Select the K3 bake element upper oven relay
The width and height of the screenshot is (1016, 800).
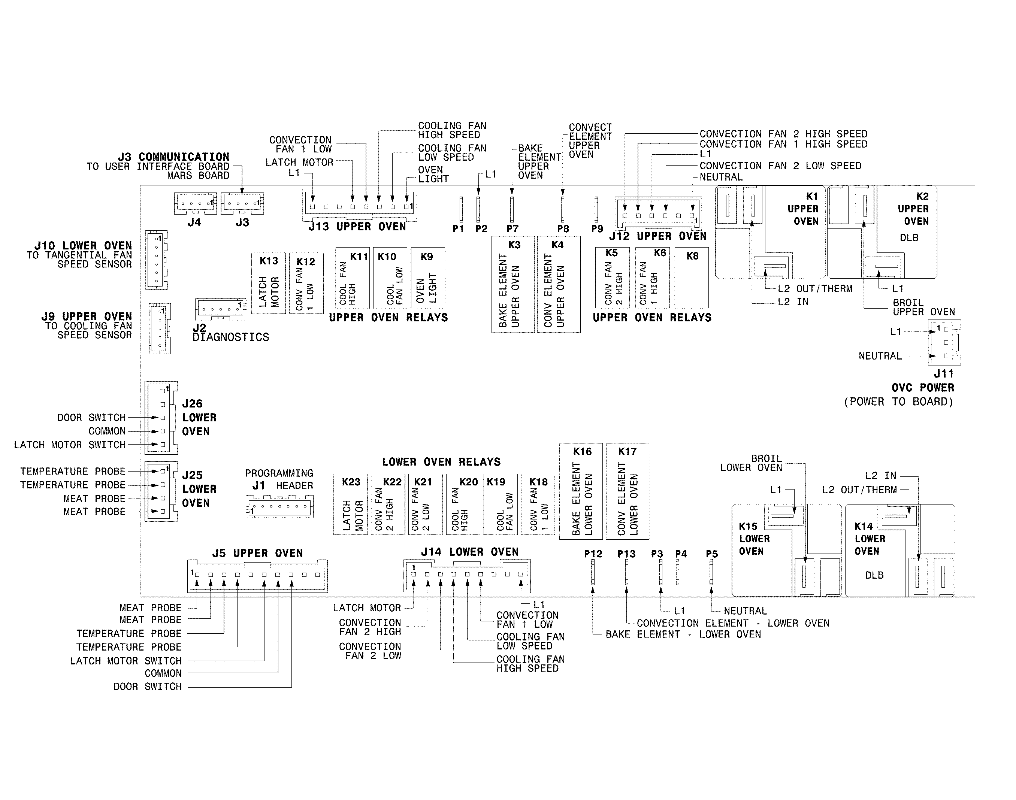(513, 284)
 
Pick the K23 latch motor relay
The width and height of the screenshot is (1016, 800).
(350, 504)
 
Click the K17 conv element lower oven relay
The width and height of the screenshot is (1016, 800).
(627, 491)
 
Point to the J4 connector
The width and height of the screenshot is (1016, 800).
(195, 203)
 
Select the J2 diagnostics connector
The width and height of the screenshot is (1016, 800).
(220, 309)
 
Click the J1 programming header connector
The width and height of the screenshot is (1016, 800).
(279, 506)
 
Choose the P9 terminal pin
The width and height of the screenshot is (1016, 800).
(596, 209)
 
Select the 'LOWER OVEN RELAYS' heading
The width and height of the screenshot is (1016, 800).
(441, 462)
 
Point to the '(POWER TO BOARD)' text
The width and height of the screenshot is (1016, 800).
(898, 402)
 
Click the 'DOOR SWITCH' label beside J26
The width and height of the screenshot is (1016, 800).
(91, 417)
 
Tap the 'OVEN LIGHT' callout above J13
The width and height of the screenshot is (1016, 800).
(433, 174)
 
